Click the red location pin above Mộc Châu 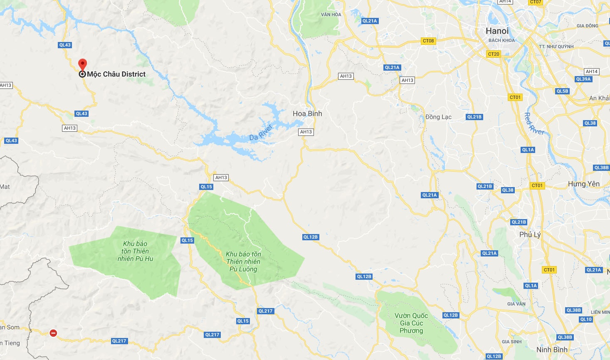pos(82,64)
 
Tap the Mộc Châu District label pos(116,74)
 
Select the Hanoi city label pos(497,31)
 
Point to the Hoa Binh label pos(307,113)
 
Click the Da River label pos(261,132)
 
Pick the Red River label pos(534,124)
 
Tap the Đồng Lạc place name pos(438,117)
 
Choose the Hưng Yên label pos(583,184)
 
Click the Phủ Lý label pos(530,234)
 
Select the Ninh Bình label pos(552,350)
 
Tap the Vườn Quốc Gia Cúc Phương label pos(411,323)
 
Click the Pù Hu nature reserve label pos(135,251)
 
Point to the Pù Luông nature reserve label pos(243,261)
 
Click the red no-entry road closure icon pos(53,333)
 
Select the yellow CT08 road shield pos(428,41)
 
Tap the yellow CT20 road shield pos(494,54)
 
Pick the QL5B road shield pos(562,91)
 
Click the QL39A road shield pos(583,79)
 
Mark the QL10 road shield pos(586,319)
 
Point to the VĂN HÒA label pos(331,15)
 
